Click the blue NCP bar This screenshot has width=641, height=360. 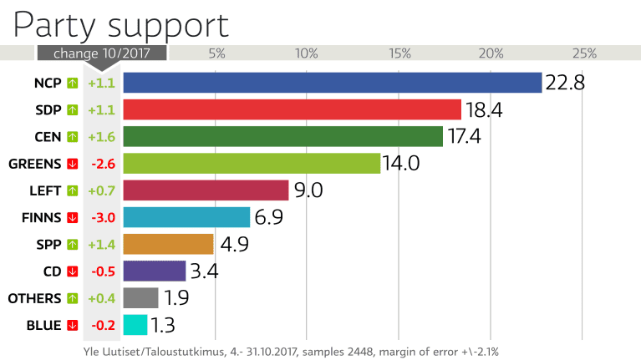[x=333, y=83]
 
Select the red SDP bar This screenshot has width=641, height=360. [x=293, y=109]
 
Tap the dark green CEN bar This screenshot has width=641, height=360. [x=283, y=136]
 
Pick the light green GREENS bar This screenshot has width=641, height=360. [x=252, y=163]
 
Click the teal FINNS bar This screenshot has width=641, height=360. [x=186, y=217]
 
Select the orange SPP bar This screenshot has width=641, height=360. [x=168, y=244]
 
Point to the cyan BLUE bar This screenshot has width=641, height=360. [x=135, y=325]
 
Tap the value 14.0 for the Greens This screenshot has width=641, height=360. [x=401, y=163]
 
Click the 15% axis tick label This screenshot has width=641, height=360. [x=399, y=53]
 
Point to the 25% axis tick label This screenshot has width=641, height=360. [x=584, y=53]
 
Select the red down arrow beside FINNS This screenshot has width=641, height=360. [x=73, y=217]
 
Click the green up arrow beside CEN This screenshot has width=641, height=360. [x=73, y=136]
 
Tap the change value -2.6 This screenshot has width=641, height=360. [x=101, y=163]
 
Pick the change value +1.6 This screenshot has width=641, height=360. [x=101, y=136]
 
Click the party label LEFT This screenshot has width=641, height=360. [x=45, y=190]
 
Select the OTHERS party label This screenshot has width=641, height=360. [x=34, y=298]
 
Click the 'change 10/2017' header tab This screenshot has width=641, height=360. [x=101, y=53]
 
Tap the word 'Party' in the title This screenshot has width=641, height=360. [x=53, y=25]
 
